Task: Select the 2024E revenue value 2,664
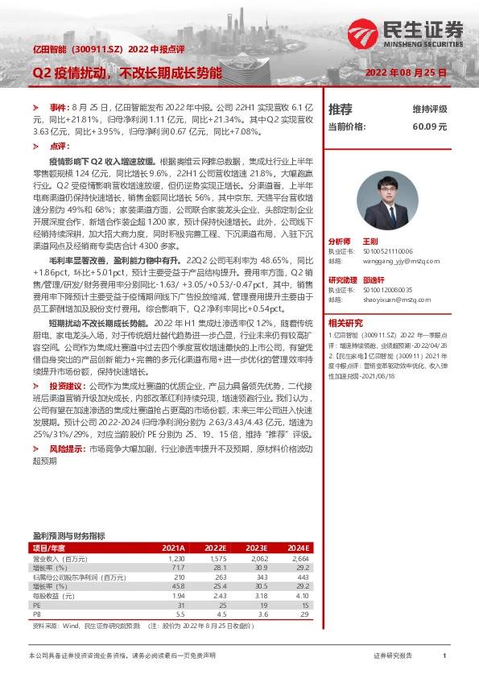299,557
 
